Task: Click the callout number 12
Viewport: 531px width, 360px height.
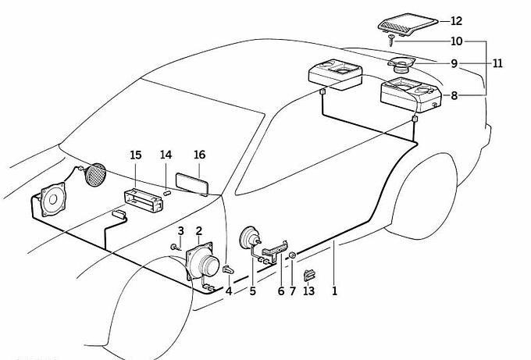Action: pos(457,21)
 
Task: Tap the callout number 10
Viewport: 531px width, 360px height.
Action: pos(457,41)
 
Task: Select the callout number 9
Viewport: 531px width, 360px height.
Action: pos(454,63)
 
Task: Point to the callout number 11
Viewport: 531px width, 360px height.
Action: pos(498,63)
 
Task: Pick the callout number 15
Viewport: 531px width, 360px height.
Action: pos(136,155)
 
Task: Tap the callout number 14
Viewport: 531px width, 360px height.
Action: pos(166,155)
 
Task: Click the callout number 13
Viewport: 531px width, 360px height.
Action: pos(308,291)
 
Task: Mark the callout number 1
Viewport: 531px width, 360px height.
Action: pos(334,291)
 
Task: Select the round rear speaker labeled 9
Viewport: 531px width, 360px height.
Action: pos(403,65)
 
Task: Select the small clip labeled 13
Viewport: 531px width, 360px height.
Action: pos(308,274)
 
